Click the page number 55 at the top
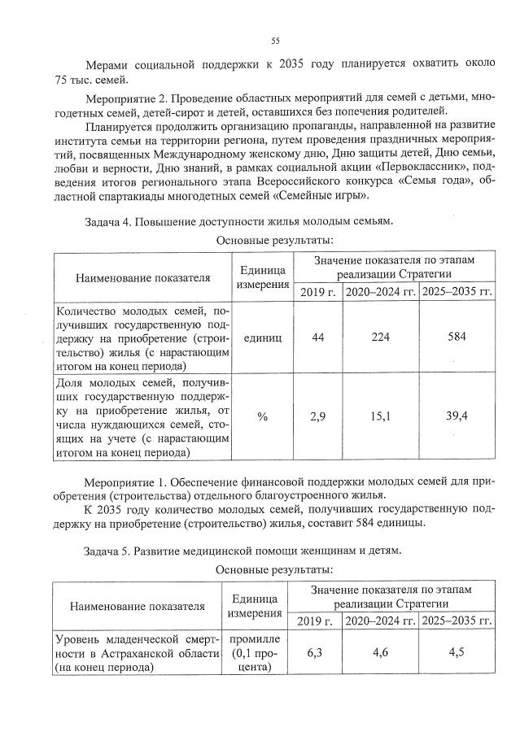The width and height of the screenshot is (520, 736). (x=275, y=41)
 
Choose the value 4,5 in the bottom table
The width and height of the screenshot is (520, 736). (x=458, y=652)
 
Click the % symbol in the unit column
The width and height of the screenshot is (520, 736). (x=262, y=416)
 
